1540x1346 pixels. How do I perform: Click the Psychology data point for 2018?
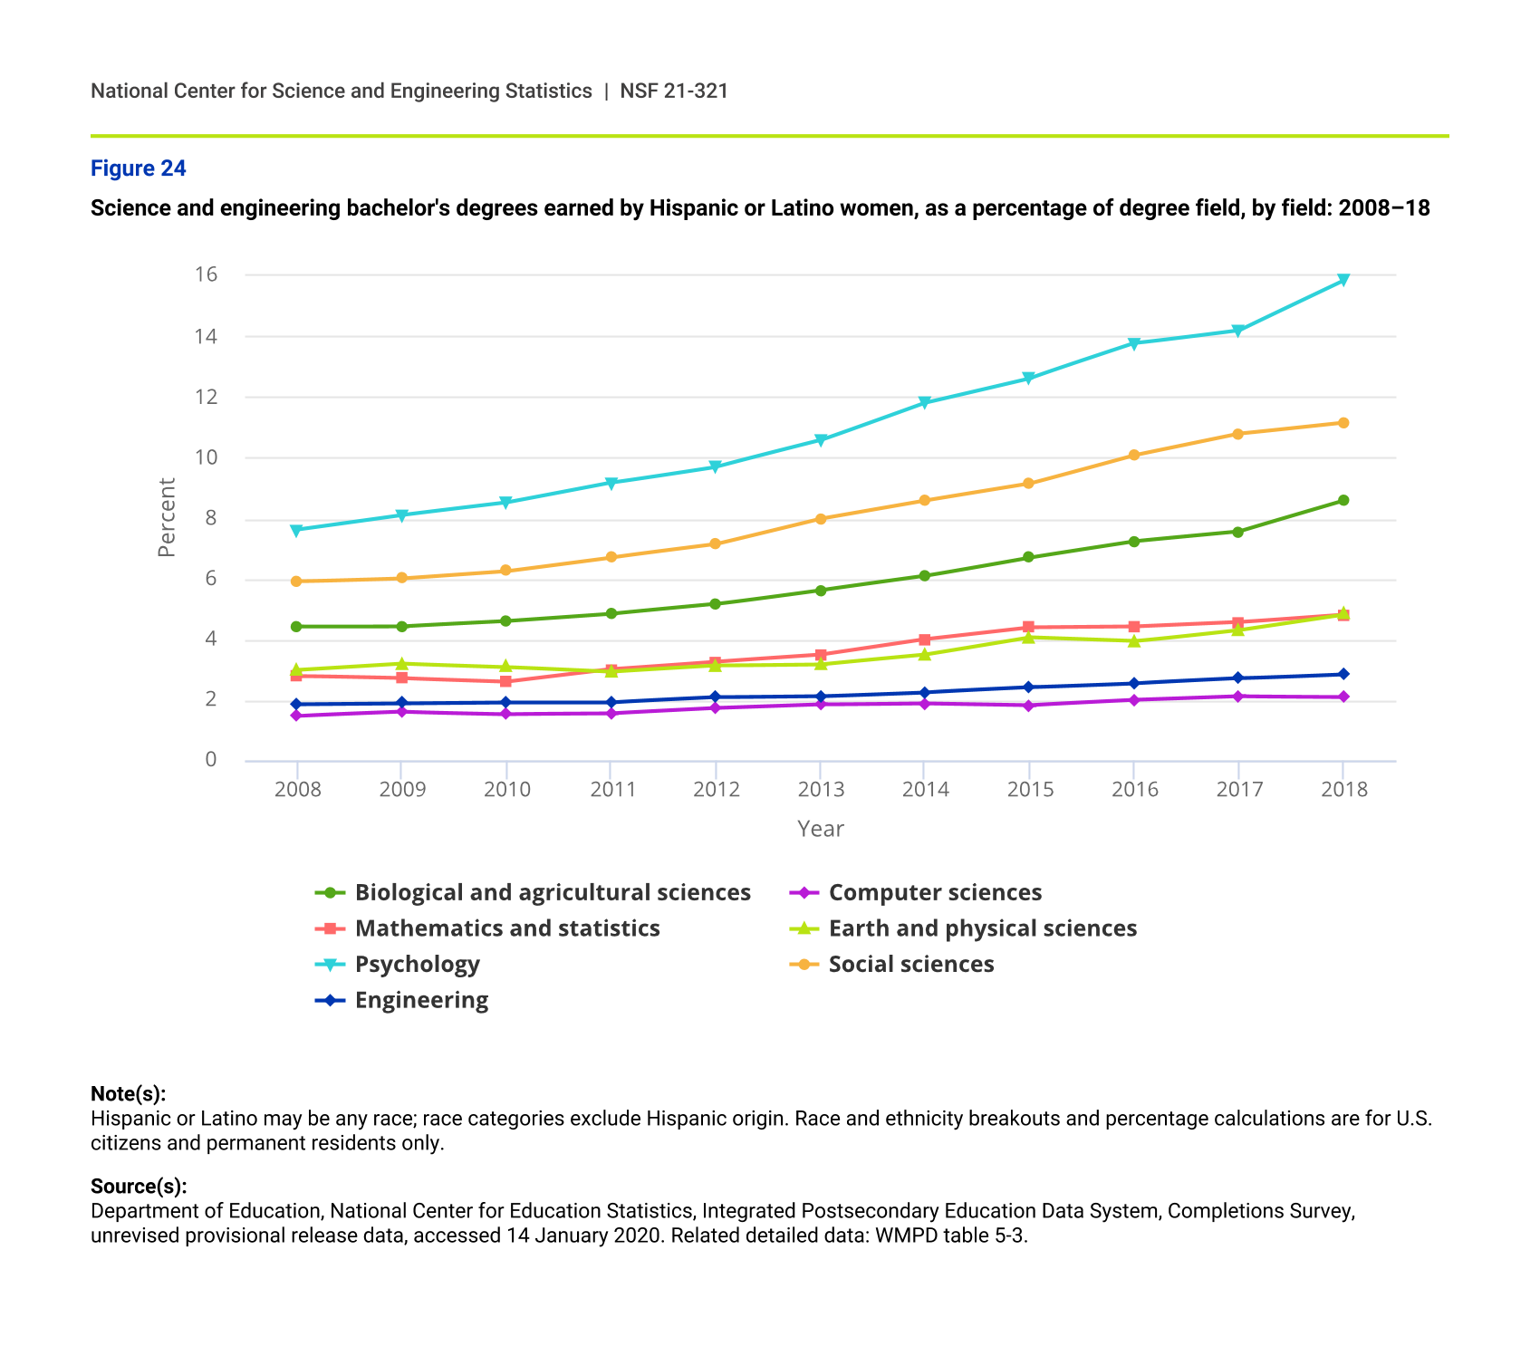(1343, 280)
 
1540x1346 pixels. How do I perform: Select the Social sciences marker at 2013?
(820, 519)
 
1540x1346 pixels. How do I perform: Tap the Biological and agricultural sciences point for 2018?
(1343, 500)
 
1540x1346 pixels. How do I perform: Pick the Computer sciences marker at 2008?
(296, 716)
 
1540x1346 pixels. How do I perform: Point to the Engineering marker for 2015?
(1029, 687)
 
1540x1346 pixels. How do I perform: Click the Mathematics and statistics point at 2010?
(505, 681)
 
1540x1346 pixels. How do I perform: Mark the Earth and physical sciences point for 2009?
(401, 664)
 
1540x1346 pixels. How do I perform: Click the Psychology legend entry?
(417, 964)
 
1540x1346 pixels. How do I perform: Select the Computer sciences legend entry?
(935, 892)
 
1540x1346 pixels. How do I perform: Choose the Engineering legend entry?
(421, 1000)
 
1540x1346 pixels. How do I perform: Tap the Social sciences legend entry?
(910, 964)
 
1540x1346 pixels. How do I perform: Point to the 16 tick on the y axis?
(207, 274)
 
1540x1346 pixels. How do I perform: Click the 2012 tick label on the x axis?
(717, 789)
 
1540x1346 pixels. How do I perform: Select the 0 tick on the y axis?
(211, 760)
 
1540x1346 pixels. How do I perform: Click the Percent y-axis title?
(167, 517)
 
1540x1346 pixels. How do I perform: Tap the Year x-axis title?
(820, 829)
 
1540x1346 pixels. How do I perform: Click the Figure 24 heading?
(139, 168)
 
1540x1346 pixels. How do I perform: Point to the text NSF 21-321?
(674, 91)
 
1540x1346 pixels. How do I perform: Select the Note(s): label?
(128, 1093)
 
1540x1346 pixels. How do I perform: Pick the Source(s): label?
(139, 1187)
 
